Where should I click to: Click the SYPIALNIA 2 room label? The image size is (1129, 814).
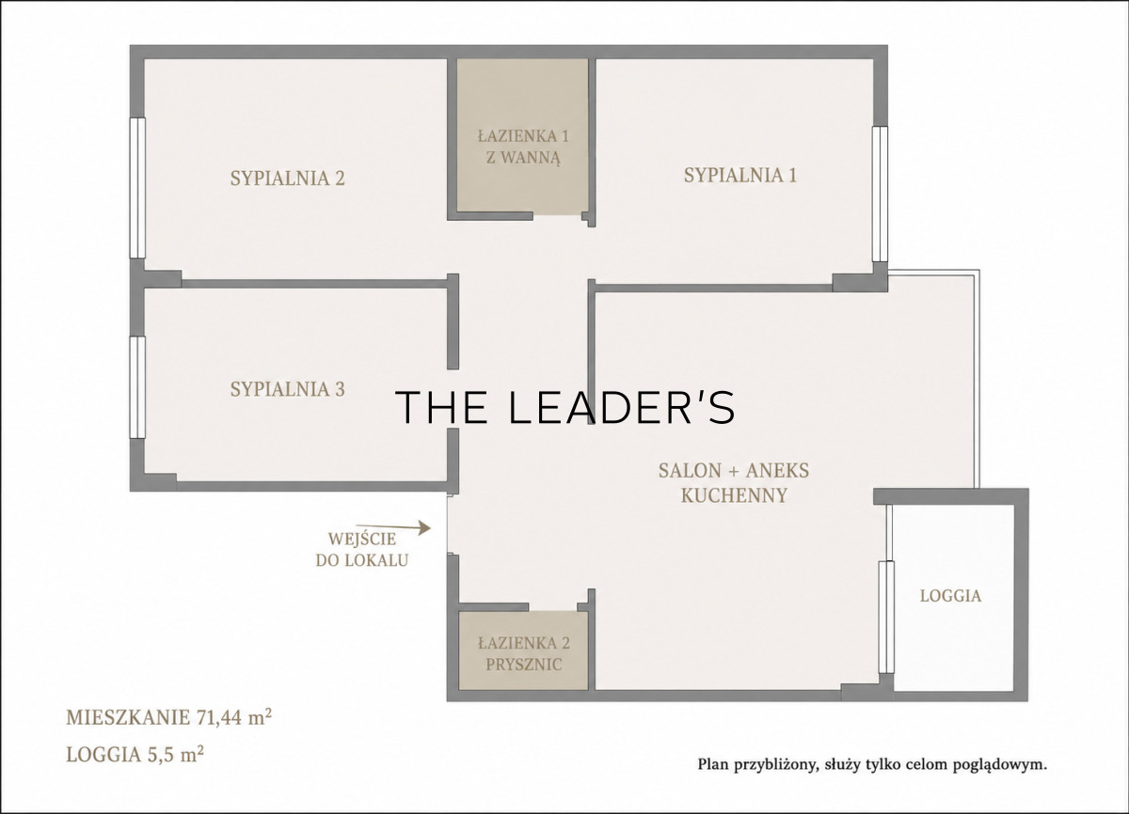pyautogui.click(x=287, y=179)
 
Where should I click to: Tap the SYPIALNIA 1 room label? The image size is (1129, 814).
pyautogui.click(x=740, y=175)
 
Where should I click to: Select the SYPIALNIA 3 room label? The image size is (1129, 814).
pyautogui.click(x=287, y=389)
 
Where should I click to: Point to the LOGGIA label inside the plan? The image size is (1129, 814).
pyautogui.click(x=950, y=596)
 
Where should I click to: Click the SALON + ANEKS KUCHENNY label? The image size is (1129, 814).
pyautogui.click(x=734, y=483)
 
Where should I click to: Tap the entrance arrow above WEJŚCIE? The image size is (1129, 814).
pyautogui.click(x=393, y=527)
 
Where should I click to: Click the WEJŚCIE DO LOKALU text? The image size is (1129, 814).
pyautogui.click(x=362, y=549)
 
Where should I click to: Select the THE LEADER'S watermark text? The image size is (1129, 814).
pyautogui.click(x=565, y=407)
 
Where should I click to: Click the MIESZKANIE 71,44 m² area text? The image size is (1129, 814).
pyautogui.click(x=168, y=717)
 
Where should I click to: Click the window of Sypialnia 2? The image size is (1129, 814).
pyautogui.click(x=137, y=188)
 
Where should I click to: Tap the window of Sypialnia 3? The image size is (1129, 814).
pyautogui.click(x=137, y=387)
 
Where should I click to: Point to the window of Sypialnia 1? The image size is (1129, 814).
pyautogui.click(x=880, y=194)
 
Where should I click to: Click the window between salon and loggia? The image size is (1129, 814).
pyautogui.click(x=886, y=618)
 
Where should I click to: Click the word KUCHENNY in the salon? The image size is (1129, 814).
pyautogui.click(x=735, y=495)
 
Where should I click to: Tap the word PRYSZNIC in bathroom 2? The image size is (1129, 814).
pyautogui.click(x=524, y=664)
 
